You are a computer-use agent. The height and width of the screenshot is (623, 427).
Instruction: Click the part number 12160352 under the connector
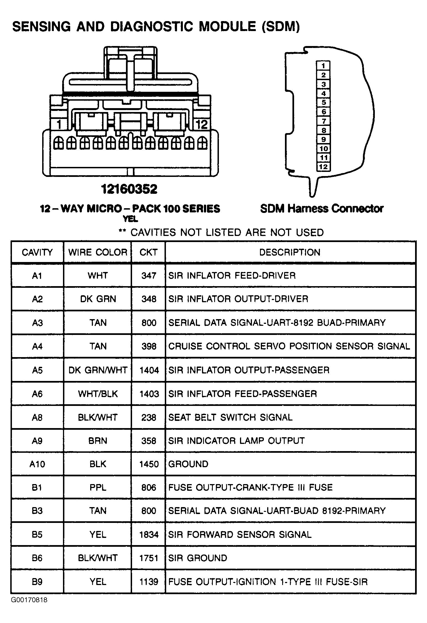(x=129, y=189)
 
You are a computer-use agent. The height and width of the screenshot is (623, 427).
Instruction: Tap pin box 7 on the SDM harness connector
(x=323, y=121)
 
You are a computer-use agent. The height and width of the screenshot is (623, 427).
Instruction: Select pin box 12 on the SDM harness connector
(x=323, y=167)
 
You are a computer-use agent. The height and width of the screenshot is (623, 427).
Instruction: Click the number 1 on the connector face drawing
(x=59, y=124)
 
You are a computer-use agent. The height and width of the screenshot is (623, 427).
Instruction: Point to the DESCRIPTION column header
(x=290, y=252)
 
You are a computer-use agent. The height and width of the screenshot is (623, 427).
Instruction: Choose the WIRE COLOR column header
(x=98, y=252)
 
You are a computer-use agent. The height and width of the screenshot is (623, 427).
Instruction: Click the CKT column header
(x=148, y=252)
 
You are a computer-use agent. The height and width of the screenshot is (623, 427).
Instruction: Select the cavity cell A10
(x=37, y=464)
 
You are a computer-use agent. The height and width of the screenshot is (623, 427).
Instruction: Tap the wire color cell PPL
(x=98, y=487)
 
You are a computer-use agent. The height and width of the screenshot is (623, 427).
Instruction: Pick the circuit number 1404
(x=149, y=370)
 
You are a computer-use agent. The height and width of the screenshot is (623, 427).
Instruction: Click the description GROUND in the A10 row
(x=188, y=464)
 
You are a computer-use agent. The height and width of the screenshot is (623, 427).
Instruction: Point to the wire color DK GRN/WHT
(x=98, y=370)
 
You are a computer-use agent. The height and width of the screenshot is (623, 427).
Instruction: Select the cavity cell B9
(x=37, y=582)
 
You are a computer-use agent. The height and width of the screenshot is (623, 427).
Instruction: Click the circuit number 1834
(x=149, y=535)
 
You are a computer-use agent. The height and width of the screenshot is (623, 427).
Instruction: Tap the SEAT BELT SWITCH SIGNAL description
(x=230, y=418)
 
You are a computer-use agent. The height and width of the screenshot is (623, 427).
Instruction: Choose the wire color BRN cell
(x=98, y=441)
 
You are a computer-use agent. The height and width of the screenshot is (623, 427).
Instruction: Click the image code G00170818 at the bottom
(x=29, y=600)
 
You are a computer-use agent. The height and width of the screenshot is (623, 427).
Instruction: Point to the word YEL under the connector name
(x=130, y=219)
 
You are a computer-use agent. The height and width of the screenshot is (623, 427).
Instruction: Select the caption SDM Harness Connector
(x=322, y=208)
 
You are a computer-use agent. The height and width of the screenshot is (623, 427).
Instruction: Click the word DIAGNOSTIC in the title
(x=151, y=27)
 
